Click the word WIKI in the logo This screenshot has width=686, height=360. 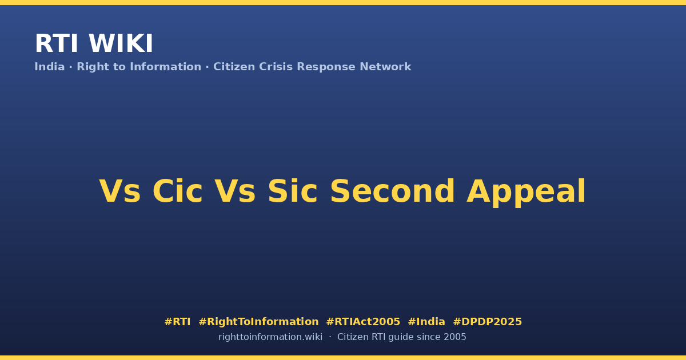coord(121,43)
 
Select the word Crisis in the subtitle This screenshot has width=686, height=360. coord(276,67)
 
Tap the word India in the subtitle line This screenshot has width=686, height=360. coord(50,67)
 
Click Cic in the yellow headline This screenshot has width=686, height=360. coord(178,191)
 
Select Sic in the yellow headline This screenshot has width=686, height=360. coord(293,191)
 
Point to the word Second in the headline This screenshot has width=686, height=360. coord(393,191)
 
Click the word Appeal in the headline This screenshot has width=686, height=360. coord(526,193)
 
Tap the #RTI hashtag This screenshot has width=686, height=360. coord(177,322)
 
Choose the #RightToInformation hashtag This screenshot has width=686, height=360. coord(258,322)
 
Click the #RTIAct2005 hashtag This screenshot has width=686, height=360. coord(363,322)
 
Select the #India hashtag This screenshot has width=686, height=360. coord(426,322)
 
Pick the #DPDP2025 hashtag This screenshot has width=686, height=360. coord(487,322)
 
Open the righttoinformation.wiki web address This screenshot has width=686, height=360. coord(270,337)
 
